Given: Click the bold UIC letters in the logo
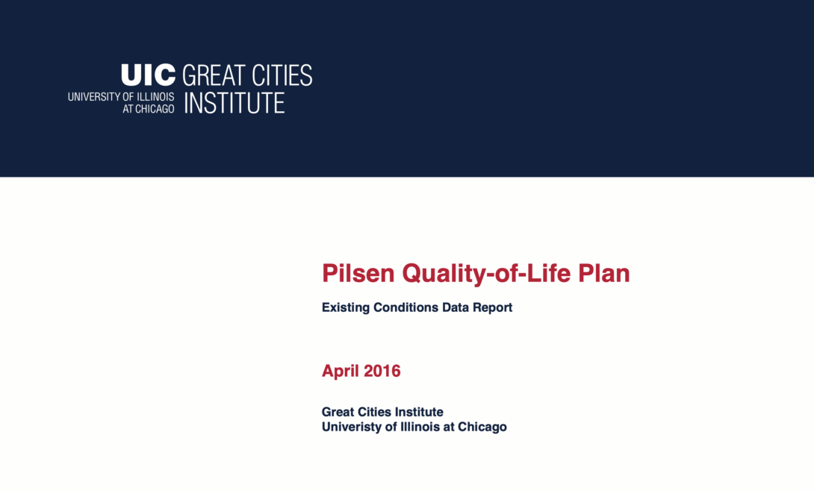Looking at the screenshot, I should click(148, 75).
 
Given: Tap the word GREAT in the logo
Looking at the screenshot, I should click(214, 75).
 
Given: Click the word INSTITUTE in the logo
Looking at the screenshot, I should click(234, 103).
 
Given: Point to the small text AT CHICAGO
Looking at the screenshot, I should click(149, 109).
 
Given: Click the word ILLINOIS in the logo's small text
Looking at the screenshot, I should click(155, 97).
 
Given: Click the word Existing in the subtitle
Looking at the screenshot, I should click(346, 307).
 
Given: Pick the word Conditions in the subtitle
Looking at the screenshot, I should click(404, 307).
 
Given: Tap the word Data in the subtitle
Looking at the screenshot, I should click(454, 307).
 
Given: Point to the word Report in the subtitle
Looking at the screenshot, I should click(493, 307).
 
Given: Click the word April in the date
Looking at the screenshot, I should click(341, 371).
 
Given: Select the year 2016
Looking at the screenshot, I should click(383, 371).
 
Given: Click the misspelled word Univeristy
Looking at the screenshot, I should click(349, 428).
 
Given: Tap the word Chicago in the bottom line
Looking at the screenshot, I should click(482, 428).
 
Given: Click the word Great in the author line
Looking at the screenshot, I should click(338, 412).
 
